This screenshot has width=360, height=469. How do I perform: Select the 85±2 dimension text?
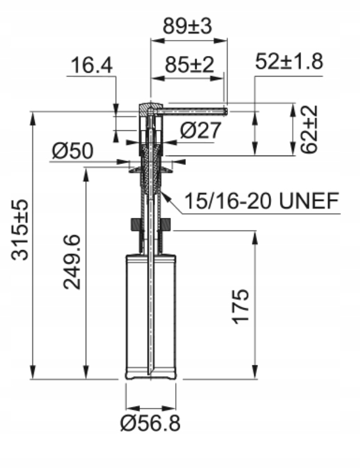(x=189, y=64)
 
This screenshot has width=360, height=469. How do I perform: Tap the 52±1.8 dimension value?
(x=289, y=62)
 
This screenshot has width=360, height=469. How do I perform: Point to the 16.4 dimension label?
(x=92, y=65)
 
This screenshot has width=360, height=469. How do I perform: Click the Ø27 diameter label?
(x=200, y=130)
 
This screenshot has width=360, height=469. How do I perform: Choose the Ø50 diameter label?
(x=73, y=151)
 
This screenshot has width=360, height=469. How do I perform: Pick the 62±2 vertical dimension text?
(x=308, y=129)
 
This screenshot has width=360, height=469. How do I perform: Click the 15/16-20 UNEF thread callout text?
(x=261, y=200)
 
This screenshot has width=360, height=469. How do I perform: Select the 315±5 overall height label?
(x=20, y=229)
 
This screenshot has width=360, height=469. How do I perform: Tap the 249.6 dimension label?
(x=72, y=262)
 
